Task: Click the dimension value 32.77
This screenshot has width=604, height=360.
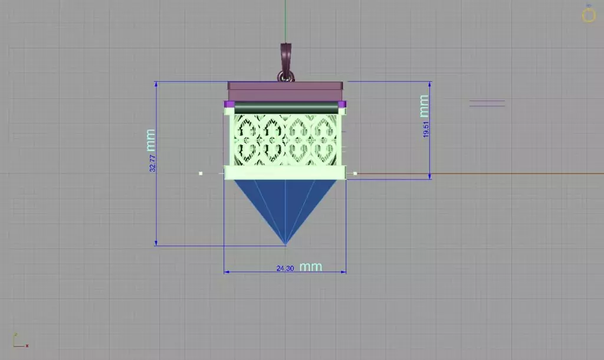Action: point(153,163)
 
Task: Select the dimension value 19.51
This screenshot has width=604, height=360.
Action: point(426,129)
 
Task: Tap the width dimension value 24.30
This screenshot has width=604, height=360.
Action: point(285,269)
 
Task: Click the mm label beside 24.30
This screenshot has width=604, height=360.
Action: point(310,267)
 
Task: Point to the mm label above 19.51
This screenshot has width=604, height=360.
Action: point(424,106)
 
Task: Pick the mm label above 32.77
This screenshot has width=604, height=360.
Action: point(150,140)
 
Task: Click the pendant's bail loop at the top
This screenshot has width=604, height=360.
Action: point(285,61)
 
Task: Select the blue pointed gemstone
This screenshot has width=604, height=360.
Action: point(285,204)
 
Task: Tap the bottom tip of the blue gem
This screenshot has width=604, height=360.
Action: point(285,245)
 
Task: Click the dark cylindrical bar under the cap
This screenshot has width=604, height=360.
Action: point(286,107)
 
